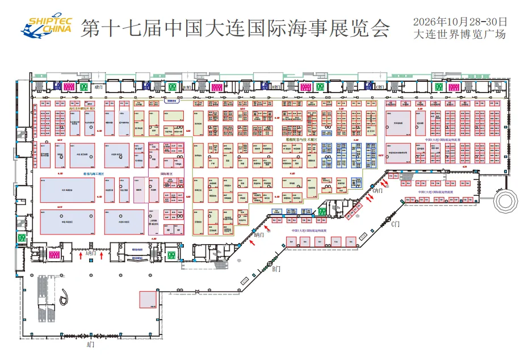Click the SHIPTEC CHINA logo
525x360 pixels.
(47, 26)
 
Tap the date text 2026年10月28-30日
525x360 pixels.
(460, 22)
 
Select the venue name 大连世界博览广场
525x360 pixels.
(460, 34)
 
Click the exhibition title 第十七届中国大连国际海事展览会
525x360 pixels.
(235, 28)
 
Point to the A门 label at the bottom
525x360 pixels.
(90, 345)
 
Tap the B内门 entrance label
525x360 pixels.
(259, 234)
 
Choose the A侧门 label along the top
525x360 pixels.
(99, 87)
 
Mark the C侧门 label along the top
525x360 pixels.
(380, 87)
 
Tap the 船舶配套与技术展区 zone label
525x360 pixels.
(301, 140)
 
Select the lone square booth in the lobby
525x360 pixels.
(148, 299)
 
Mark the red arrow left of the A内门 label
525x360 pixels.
(81, 257)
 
